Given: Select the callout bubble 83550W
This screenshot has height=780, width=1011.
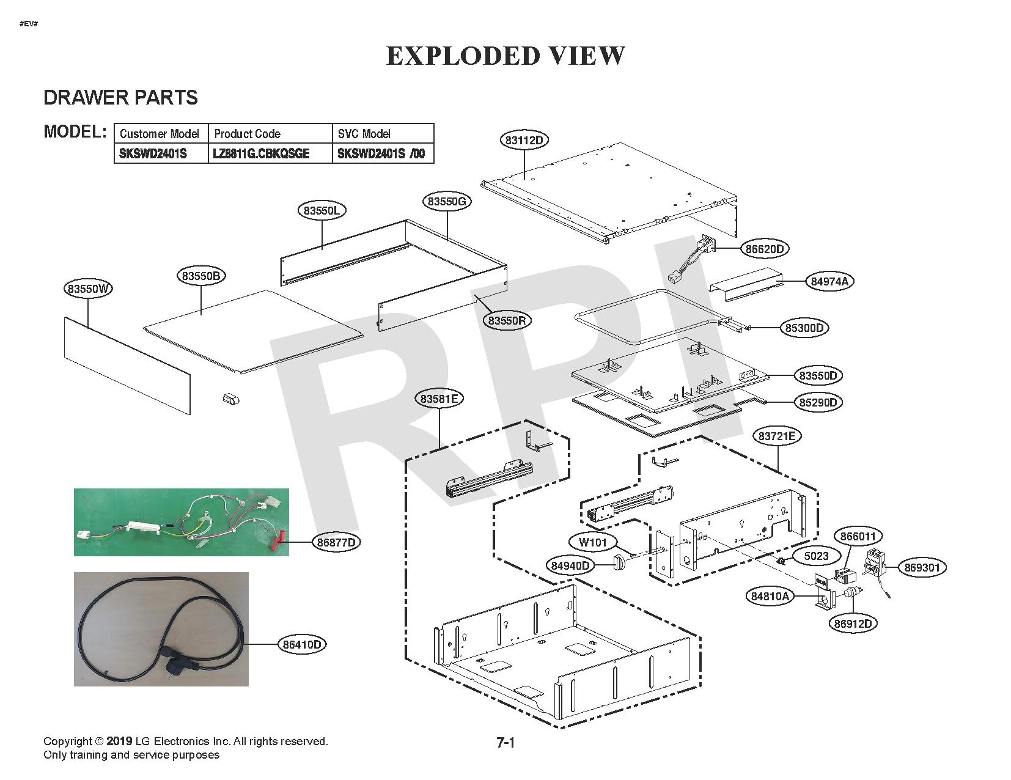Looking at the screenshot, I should coord(89,289).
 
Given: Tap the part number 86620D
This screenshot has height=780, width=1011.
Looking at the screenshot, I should coord(764,249).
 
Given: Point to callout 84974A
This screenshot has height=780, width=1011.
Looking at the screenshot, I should coord(829,281).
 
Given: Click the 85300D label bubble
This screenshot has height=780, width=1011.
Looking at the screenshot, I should coord(804,328).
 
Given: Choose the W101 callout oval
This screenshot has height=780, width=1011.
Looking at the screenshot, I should coord(592,542).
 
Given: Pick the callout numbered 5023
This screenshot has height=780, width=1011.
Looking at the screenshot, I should coord(815,556).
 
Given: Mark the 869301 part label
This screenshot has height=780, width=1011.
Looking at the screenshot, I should coord(922,567).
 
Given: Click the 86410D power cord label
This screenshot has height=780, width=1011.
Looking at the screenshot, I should coord(303,644).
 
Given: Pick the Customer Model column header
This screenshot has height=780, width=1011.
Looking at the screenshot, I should coord(160,134).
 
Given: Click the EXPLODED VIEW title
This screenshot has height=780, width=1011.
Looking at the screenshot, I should coord(505,56).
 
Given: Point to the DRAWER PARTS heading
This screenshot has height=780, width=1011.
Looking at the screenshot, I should coord(120,98).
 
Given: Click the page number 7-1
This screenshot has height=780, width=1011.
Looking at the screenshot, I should coord(505,743).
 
